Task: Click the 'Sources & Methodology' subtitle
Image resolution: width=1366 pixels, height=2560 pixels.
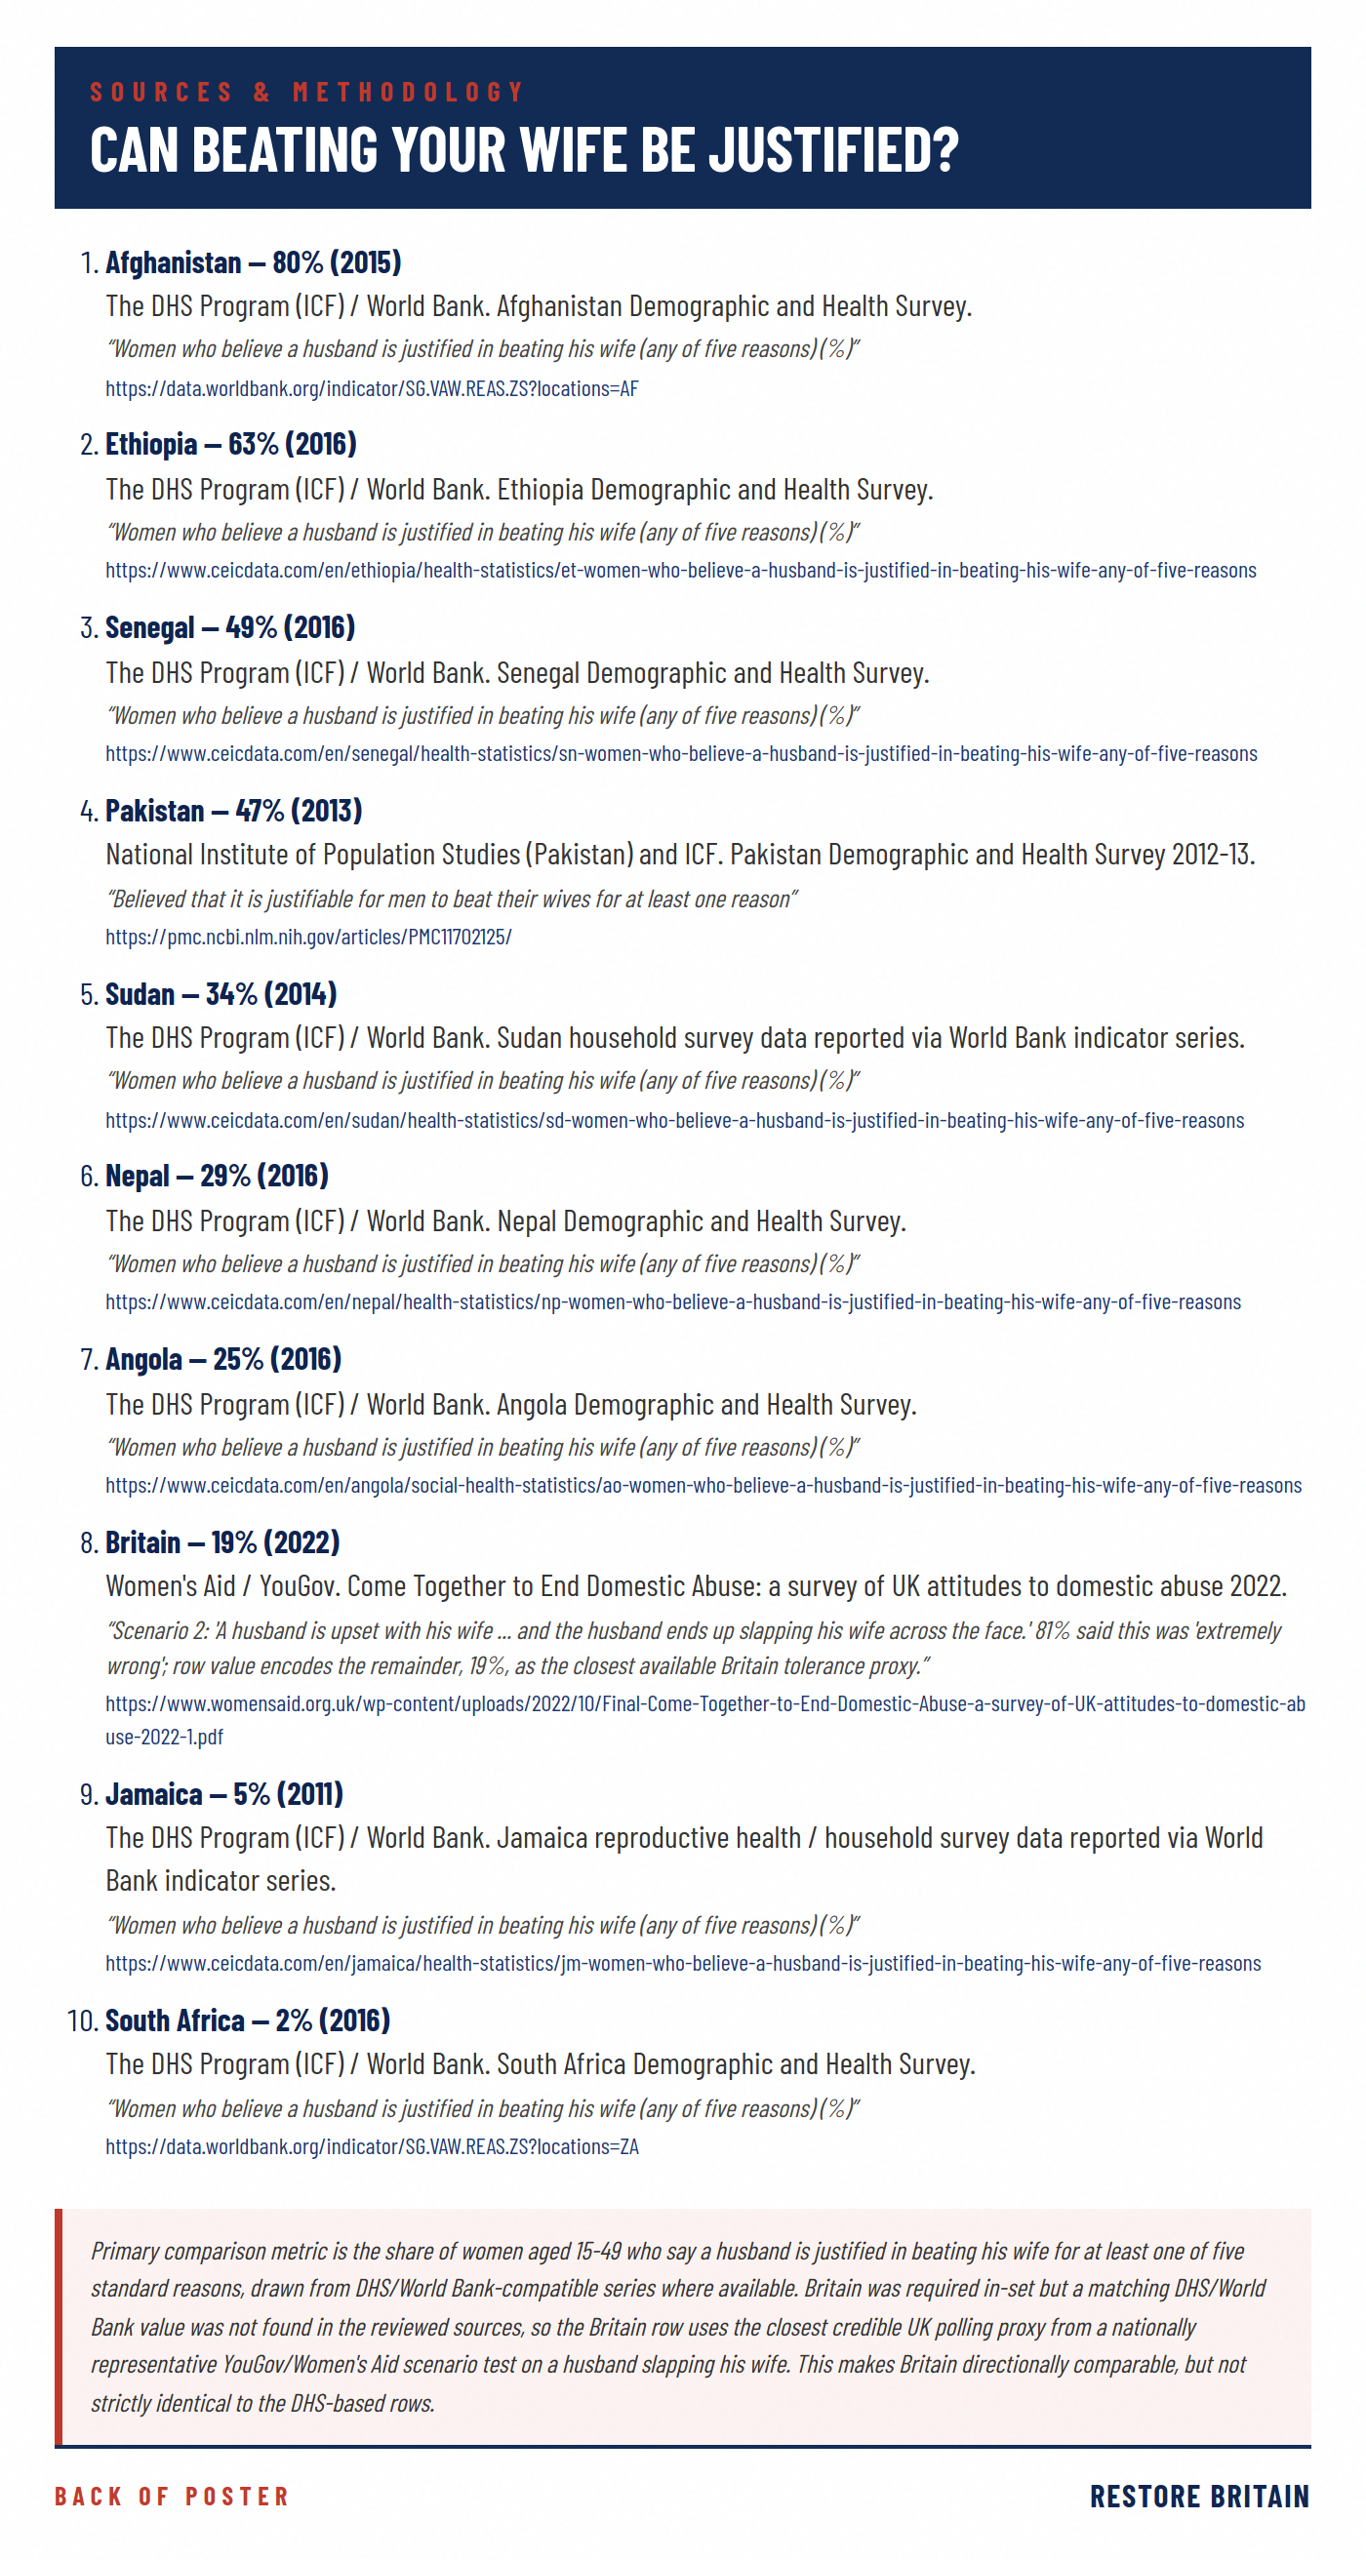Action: pyautogui.click(x=307, y=93)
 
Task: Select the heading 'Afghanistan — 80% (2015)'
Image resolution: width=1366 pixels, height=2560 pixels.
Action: pyautogui.click(x=253, y=262)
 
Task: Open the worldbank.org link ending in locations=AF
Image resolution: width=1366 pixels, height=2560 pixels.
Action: pyautogui.click(x=372, y=388)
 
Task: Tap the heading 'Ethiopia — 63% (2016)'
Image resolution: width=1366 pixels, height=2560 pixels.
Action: pyautogui.click(x=230, y=444)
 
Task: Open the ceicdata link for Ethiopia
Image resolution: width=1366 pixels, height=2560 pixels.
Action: pyautogui.click(x=680, y=571)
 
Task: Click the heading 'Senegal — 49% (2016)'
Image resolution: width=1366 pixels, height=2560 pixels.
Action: pyautogui.click(x=229, y=628)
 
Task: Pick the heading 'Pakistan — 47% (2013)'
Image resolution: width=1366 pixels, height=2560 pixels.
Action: pyautogui.click(x=233, y=811)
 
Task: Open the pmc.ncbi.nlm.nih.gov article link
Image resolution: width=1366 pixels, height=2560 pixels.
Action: pyautogui.click(x=308, y=938)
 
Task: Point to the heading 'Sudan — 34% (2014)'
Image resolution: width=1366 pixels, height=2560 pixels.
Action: pyautogui.click(x=221, y=995)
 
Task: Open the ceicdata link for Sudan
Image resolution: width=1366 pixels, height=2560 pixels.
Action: pyautogui.click(x=674, y=1121)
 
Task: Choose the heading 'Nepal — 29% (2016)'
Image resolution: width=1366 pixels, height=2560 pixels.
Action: pyautogui.click(x=217, y=1177)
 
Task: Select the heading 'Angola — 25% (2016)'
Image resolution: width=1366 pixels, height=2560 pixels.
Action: pyautogui.click(x=222, y=1359)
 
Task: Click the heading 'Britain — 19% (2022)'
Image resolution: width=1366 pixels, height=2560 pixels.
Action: pyautogui.click(x=222, y=1543)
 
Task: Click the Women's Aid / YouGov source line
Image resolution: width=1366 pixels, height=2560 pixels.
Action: pyautogui.click(x=696, y=1586)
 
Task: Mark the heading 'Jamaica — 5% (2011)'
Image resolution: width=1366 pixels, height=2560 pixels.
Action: pyautogui.click(x=223, y=1795)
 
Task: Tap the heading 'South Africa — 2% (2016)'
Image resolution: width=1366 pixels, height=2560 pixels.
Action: pyautogui.click(x=248, y=2021)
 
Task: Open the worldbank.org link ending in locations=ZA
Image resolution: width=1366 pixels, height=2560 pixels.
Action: pyautogui.click(x=372, y=2147)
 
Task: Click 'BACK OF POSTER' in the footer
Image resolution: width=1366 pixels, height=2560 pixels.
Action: pyautogui.click(x=171, y=2497)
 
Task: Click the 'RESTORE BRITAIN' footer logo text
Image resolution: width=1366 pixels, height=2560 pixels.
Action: pyautogui.click(x=1199, y=2497)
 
